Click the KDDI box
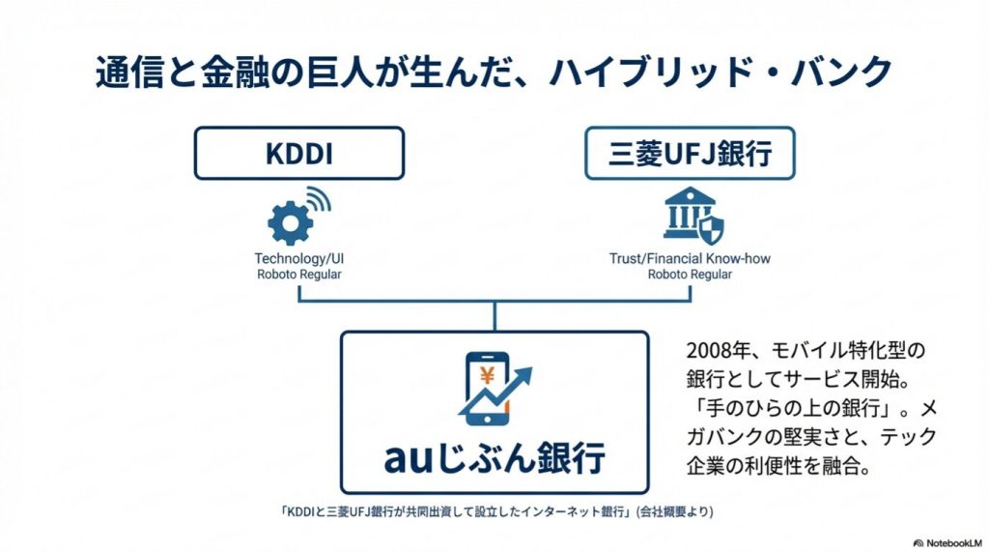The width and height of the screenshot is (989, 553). click(x=298, y=152)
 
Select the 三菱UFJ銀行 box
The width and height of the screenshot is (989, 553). click(x=689, y=152)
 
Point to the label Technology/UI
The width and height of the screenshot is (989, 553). click(x=298, y=259)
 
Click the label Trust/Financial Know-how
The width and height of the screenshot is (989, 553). click(x=689, y=259)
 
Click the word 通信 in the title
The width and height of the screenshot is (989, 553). click(x=127, y=73)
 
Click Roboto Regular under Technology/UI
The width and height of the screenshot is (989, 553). click(x=298, y=275)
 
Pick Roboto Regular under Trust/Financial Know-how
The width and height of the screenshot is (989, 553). click(x=689, y=275)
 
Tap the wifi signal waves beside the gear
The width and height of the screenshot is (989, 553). click(x=318, y=203)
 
